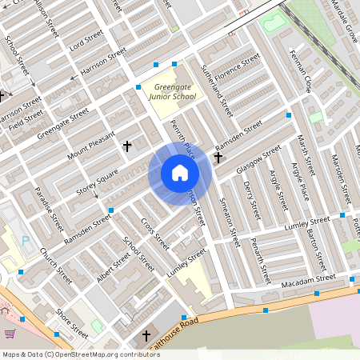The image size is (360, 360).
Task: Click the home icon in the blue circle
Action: [x=180, y=174]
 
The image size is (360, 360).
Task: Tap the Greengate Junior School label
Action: [x=172, y=91]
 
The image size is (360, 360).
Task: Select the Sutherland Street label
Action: [x=216, y=90]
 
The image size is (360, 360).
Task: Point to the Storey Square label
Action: [x=97, y=180]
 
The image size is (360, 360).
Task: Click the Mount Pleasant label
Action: [x=90, y=146]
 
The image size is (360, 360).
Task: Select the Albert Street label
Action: [x=113, y=265]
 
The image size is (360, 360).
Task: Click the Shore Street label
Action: [x=72, y=322]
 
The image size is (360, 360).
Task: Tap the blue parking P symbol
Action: [x=26, y=241]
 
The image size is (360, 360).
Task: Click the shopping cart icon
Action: [x=10, y=334]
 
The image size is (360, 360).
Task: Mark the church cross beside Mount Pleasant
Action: [x=127, y=146]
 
